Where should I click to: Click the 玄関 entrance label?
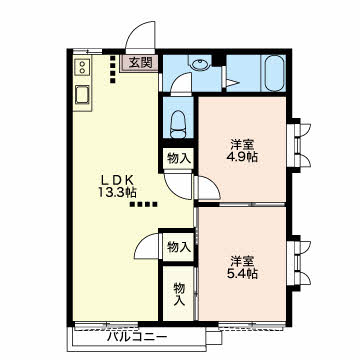click(140, 63)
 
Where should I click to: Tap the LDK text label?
click(118, 180)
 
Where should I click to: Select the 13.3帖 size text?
click(117, 193)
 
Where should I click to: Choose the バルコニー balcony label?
click(137, 338)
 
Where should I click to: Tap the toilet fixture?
click(178, 124)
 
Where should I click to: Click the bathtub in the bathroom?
click(275, 73)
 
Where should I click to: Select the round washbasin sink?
click(199, 63)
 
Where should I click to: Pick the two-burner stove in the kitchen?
click(82, 67)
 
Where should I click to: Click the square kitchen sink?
click(82, 95)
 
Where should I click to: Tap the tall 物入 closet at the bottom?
click(178, 293)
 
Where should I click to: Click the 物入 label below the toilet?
click(179, 159)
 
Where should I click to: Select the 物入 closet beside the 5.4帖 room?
click(179, 247)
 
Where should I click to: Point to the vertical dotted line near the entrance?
click(113, 69)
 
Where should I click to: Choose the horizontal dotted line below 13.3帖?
click(143, 204)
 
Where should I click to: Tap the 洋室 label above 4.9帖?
click(242, 144)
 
